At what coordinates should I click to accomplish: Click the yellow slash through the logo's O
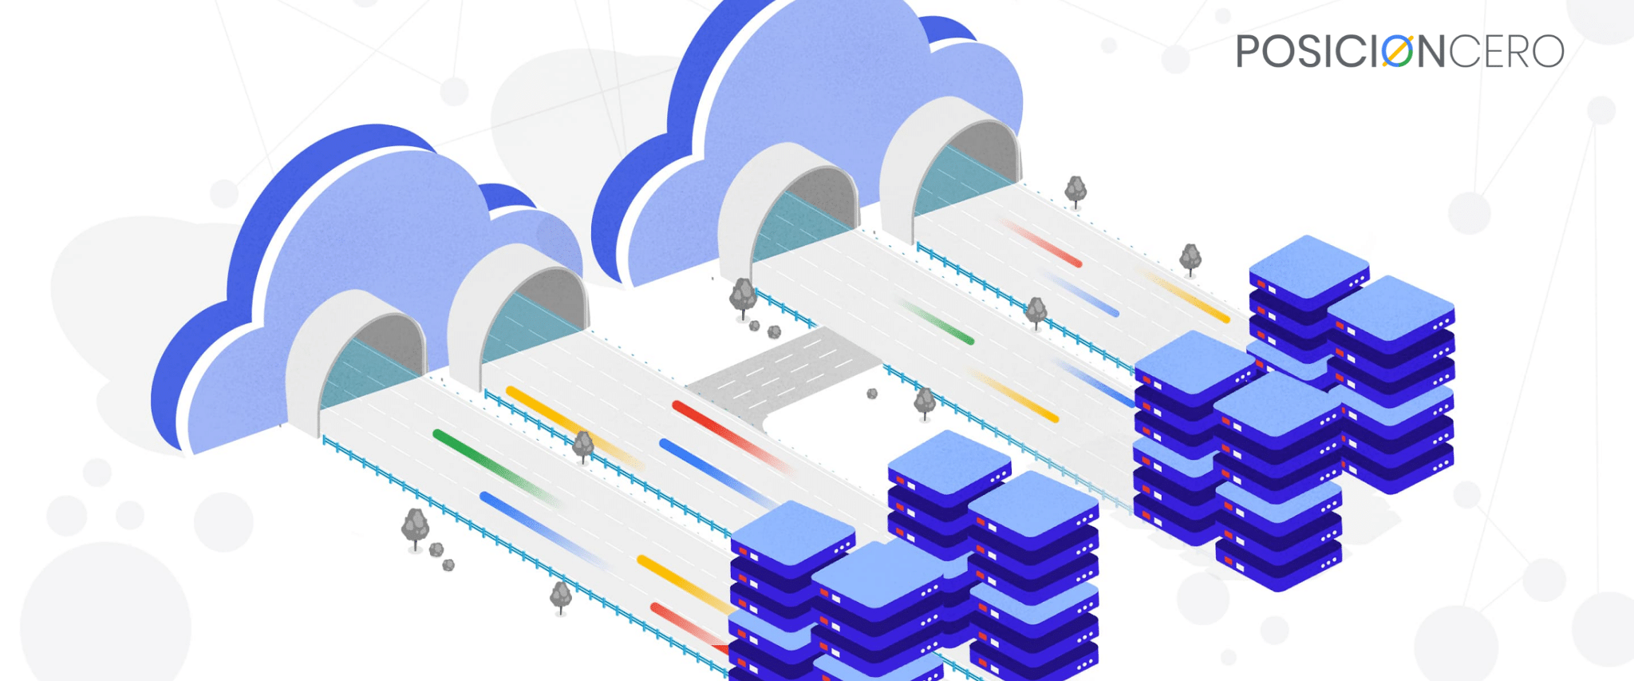pos(1397,50)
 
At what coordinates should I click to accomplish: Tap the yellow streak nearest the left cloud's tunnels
pos(573,426)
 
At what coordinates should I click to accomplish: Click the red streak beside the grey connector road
pos(730,435)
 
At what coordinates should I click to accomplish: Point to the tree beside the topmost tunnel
pos(1076,192)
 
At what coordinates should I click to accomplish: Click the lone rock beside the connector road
pos(872,394)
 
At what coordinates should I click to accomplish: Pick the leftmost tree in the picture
pos(414,529)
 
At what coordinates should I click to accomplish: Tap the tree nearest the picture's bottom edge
pos(561,596)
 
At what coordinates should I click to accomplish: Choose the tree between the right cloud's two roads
pos(1036,312)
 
